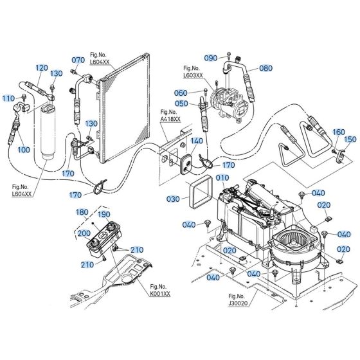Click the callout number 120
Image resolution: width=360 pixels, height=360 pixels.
coord(41,67)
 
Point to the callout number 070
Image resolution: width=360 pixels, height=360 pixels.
coord(78,60)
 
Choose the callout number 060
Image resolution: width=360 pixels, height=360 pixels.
coord(181,93)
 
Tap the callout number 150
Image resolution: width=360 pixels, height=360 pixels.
coord(350,139)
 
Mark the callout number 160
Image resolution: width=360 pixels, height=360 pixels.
coord(338,132)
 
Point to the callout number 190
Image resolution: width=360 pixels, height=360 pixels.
coord(104,214)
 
